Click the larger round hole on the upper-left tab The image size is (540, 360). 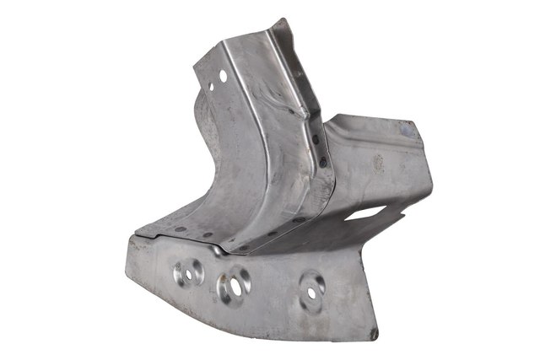(223, 76)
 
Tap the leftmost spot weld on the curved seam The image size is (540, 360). (179, 228)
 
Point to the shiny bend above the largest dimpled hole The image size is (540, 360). (220, 250)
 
